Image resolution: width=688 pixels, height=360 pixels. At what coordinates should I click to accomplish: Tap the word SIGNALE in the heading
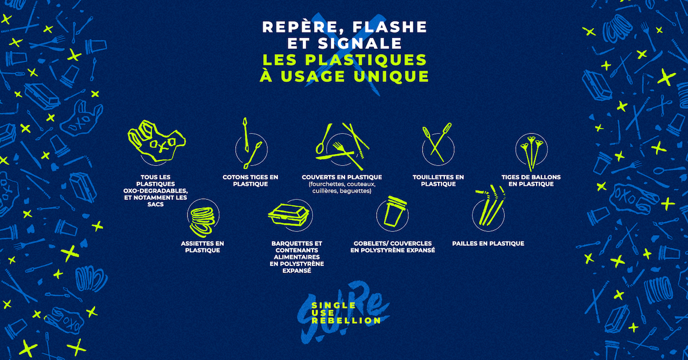coord(359,44)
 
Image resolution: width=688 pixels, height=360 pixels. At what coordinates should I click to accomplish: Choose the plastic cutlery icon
coord(342,147)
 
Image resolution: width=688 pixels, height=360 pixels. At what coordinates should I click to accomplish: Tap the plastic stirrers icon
coord(437,142)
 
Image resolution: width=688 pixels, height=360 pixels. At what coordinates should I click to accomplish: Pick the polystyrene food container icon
coord(289,215)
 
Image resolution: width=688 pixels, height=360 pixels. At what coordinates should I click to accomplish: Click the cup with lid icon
coord(393,213)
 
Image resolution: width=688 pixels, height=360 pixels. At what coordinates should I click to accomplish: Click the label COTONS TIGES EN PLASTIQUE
coord(251,181)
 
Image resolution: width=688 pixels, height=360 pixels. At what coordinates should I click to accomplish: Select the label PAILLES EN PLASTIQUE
coord(488,244)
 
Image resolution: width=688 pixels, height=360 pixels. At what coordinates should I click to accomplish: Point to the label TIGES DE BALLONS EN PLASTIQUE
coord(531,181)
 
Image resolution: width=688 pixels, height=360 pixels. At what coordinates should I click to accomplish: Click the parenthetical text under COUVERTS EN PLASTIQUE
coord(342,187)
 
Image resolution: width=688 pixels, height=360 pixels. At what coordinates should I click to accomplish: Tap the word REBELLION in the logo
coord(346,320)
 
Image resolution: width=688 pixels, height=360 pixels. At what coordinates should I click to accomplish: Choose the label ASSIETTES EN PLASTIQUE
coord(202,247)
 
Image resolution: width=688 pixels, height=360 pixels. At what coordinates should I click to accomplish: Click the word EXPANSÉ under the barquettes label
coord(297,271)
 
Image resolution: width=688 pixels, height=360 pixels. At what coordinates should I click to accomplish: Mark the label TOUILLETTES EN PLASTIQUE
coord(438,181)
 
